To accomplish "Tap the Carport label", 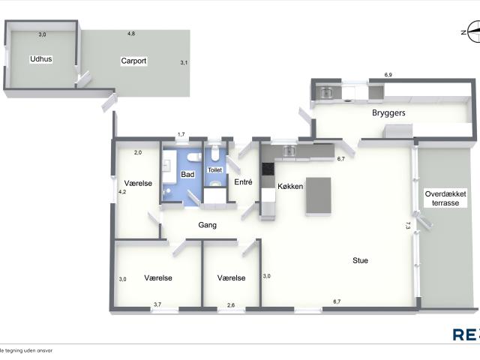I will (x=133, y=61).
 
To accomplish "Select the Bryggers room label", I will (x=388, y=112).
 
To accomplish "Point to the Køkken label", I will (x=290, y=186).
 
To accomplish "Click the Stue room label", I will (x=361, y=261).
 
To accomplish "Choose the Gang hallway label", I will (x=208, y=224).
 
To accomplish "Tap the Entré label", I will (x=243, y=182).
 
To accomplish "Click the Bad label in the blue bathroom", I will (x=187, y=175).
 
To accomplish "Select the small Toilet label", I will (x=214, y=170).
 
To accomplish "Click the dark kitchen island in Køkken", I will (x=319, y=196).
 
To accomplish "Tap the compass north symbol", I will (x=472, y=31).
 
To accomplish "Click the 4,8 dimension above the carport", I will (x=131, y=34).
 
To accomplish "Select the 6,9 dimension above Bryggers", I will (x=388, y=75).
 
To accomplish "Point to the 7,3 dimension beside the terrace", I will (x=408, y=226).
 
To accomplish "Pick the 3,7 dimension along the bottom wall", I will (x=157, y=304).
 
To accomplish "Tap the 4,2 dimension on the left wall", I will (x=122, y=192).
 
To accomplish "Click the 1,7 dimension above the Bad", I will (x=181, y=134).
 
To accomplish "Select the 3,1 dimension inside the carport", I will (x=184, y=63).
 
